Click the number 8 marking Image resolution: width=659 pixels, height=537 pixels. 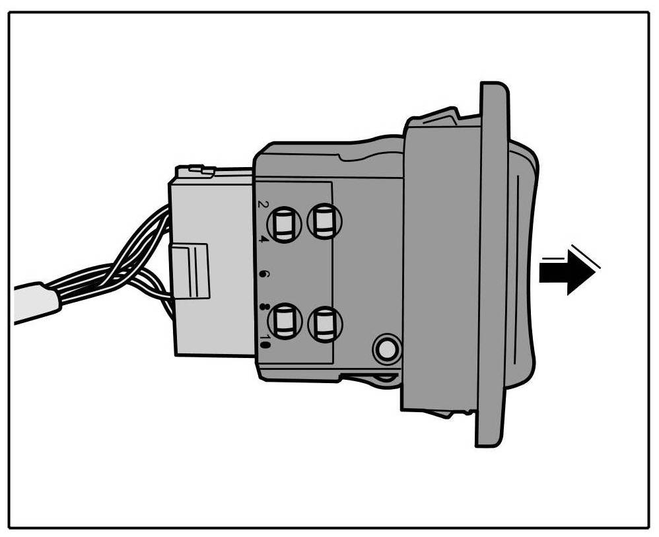click(x=263, y=306)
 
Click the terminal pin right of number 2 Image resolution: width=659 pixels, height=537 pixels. click(x=285, y=224)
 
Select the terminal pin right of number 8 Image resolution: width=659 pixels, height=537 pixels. click(x=285, y=322)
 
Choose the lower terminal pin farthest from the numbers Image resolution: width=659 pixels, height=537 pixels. click(x=325, y=324)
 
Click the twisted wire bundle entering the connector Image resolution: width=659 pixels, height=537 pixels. click(x=132, y=264)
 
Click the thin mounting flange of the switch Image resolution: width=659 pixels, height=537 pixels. click(x=491, y=264)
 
